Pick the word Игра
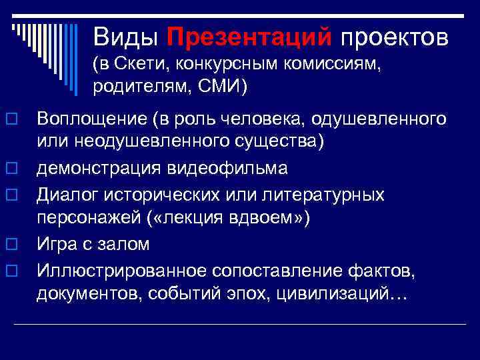55,245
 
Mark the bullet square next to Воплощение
12,120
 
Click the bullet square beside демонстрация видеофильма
12,169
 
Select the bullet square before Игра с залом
12,245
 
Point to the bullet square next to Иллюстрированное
12,270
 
